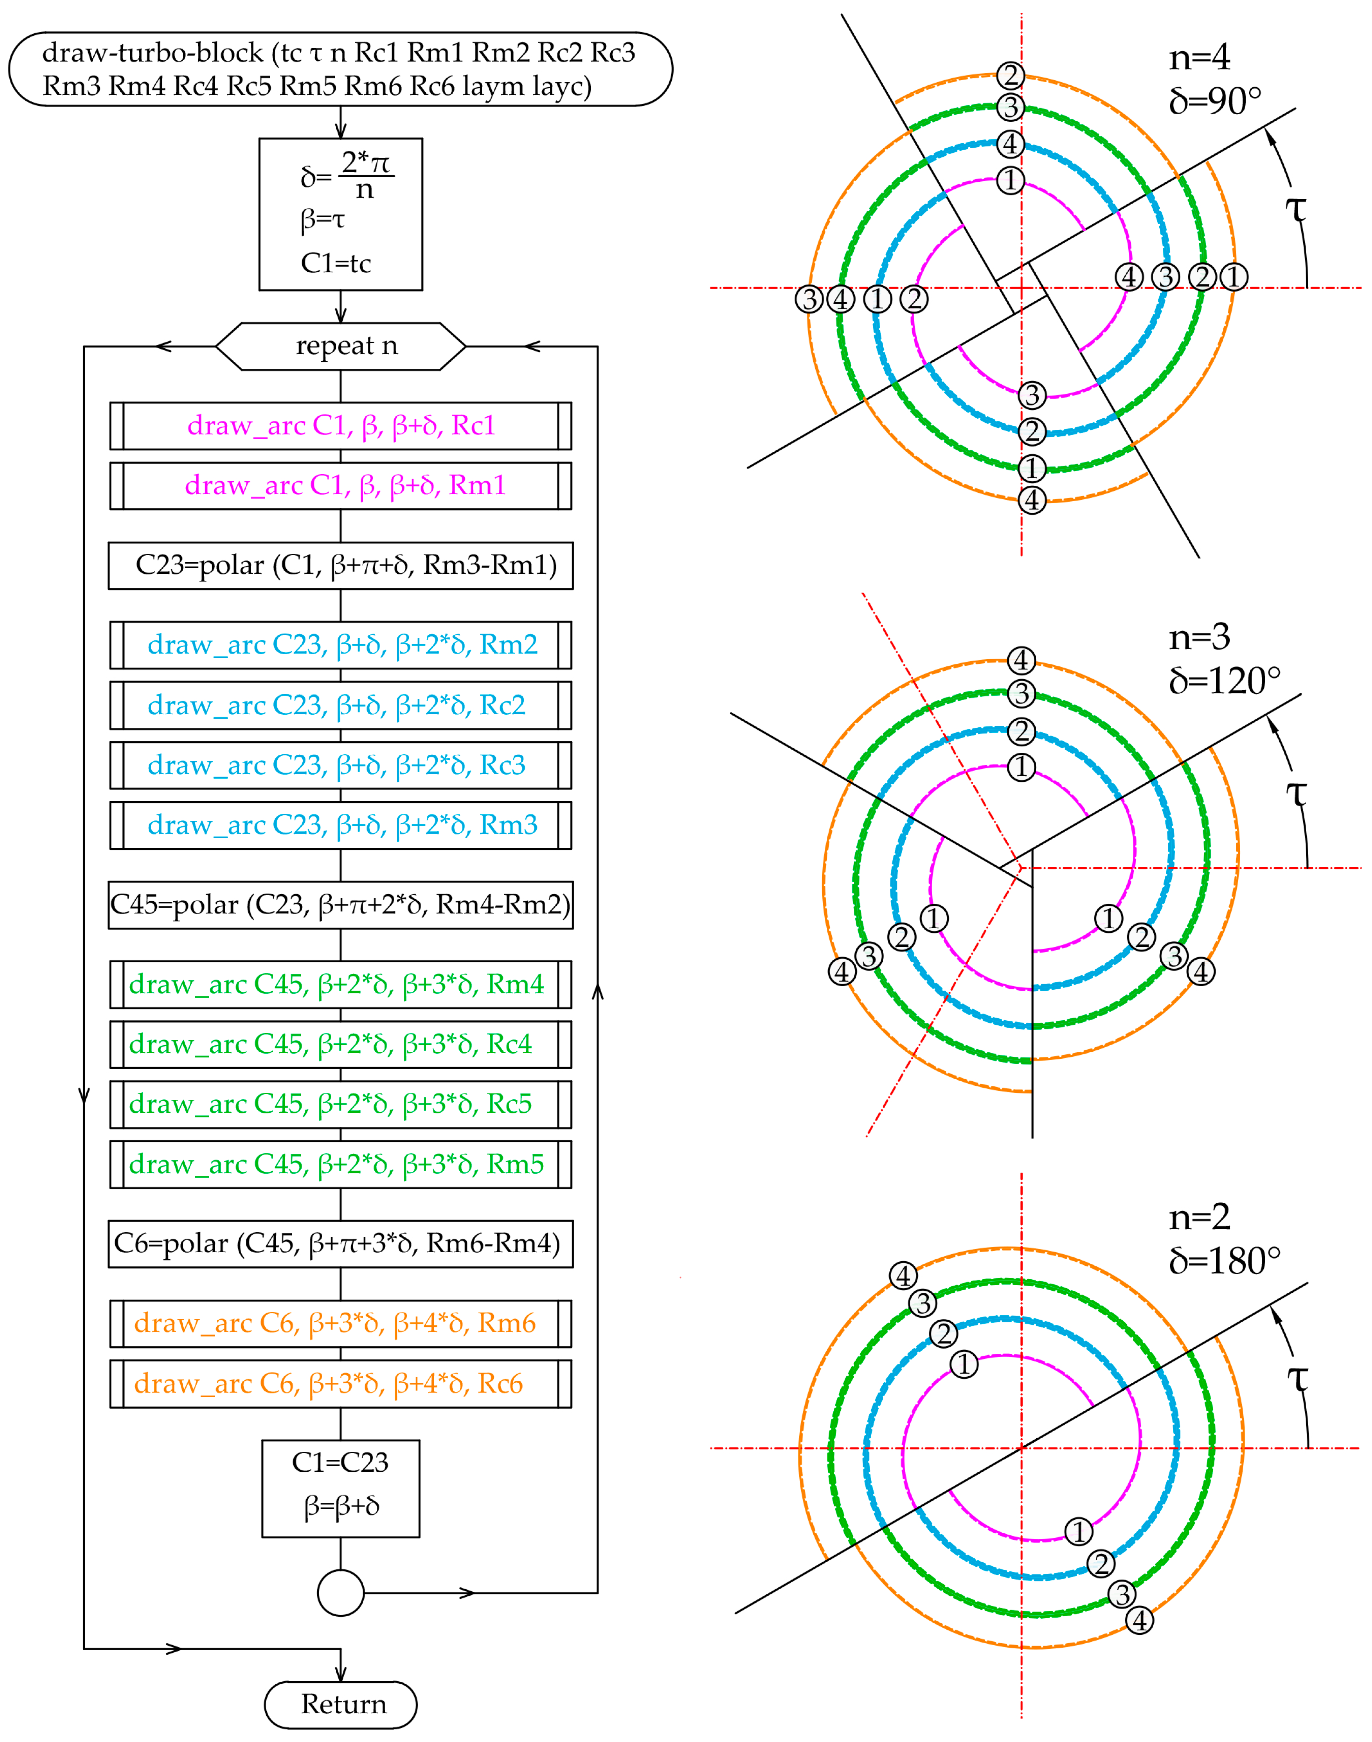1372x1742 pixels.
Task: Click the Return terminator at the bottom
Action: (x=341, y=1704)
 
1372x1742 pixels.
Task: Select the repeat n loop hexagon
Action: (x=341, y=346)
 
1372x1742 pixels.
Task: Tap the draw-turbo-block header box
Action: (x=341, y=69)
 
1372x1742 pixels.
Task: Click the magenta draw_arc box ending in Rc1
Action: (x=341, y=426)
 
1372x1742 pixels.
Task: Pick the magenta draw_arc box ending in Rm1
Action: (x=341, y=485)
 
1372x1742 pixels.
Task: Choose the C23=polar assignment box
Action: (x=341, y=566)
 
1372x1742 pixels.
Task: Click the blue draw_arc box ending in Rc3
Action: (x=341, y=765)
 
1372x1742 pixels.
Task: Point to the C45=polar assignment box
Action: (x=341, y=905)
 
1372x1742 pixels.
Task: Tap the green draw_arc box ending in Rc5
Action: (x=341, y=1104)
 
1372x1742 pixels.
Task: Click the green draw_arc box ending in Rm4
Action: (x=341, y=984)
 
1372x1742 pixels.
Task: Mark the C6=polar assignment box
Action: (x=341, y=1244)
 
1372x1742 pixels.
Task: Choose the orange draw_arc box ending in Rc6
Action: (x=341, y=1384)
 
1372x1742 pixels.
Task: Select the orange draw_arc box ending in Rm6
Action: (x=341, y=1323)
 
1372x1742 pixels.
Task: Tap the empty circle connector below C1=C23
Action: (x=341, y=1593)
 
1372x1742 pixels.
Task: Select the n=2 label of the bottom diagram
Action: (x=1199, y=1217)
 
